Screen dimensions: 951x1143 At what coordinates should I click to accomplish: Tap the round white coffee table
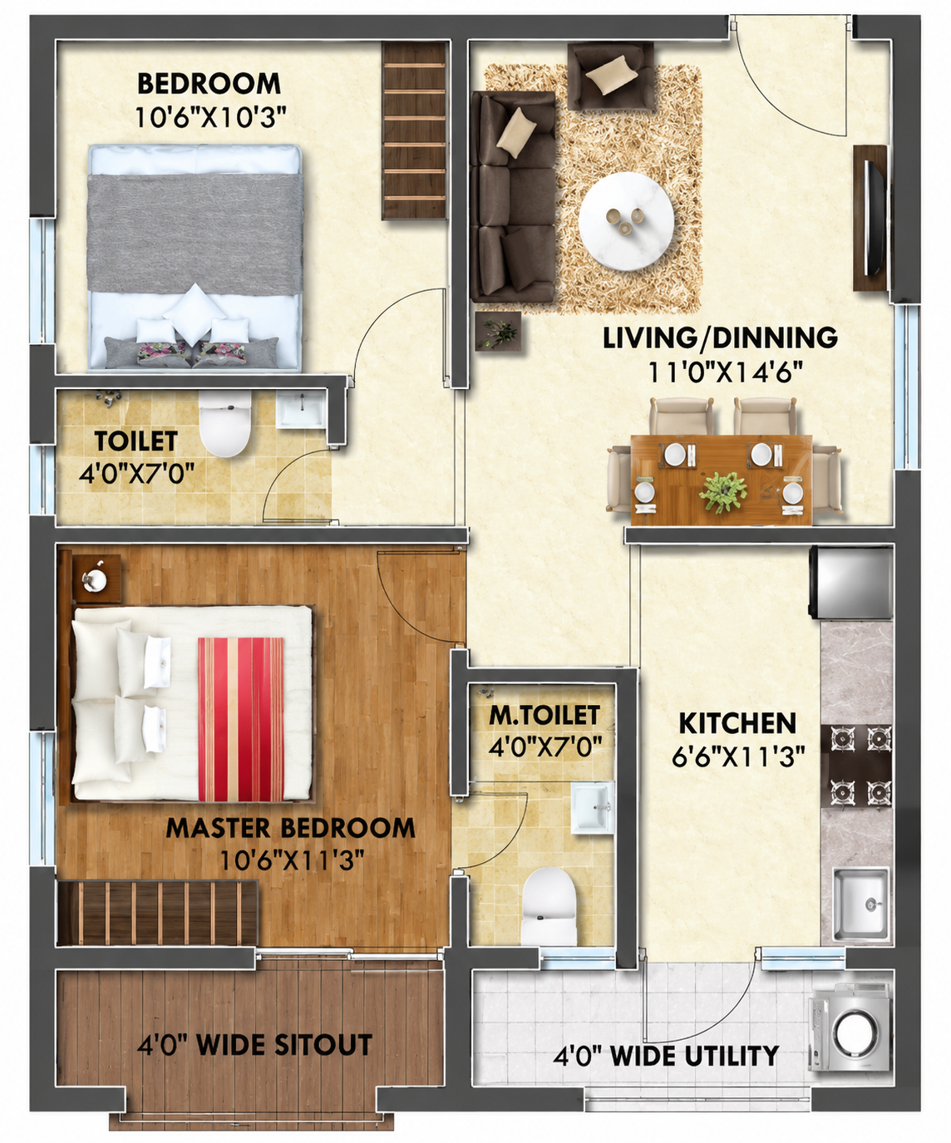pyautogui.click(x=626, y=221)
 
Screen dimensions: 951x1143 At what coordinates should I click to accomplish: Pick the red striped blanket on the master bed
pyautogui.click(x=241, y=719)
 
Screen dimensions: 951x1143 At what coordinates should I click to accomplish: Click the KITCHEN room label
pyautogui.click(x=737, y=724)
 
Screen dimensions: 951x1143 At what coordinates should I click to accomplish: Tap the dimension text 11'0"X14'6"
pyautogui.click(x=725, y=372)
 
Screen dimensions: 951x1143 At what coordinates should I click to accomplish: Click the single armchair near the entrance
pyautogui.click(x=610, y=76)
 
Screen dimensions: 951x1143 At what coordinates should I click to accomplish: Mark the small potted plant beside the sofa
pyautogui.click(x=498, y=331)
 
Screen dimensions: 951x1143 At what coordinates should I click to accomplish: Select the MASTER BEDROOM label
pyautogui.click(x=290, y=827)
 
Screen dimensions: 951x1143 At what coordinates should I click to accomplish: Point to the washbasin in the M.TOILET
pyautogui.click(x=593, y=808)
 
